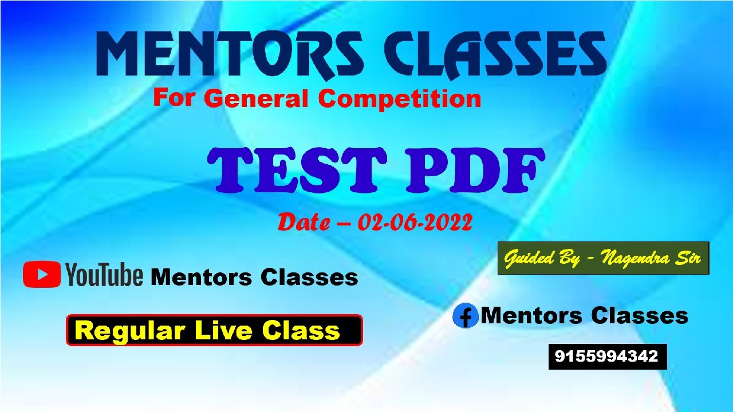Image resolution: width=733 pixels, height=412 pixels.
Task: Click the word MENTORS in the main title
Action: [230, 54]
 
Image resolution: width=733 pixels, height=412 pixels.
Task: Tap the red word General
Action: [258, 98]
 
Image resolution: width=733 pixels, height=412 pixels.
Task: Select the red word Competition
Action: [399, 100]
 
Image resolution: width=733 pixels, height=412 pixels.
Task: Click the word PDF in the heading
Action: [475, 170]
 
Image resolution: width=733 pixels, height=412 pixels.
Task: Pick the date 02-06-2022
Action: [415, 223]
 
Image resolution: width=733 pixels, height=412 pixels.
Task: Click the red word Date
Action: [304, 223]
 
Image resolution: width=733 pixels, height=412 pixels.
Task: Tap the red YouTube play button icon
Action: [42, 274]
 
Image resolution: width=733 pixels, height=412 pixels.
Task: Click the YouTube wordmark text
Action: [104, 274]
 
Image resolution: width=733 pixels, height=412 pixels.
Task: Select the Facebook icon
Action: [465, 316]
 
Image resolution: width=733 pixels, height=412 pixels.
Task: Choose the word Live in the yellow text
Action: [225, 330]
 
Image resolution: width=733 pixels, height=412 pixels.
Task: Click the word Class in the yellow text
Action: [301, 330]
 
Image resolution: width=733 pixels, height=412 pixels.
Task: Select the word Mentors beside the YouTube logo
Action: [201, 278]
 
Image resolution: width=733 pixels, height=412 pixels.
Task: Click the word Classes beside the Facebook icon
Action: [640, 315]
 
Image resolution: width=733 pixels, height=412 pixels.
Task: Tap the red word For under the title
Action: [173, 97]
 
